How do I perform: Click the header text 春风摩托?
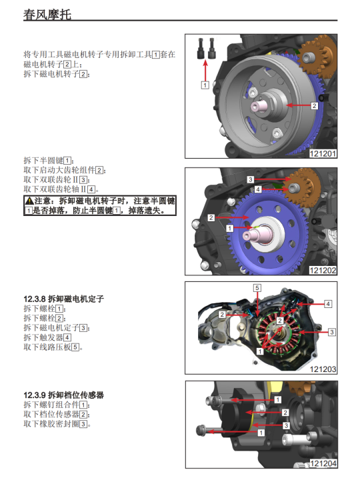pyautogui.click(x=47, y=15)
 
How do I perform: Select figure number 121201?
pyautogui.click(x=323, y=153)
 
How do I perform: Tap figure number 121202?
pyautogui.click(x=323, y=270)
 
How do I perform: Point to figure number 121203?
pyautogui.click(x=323, y=369)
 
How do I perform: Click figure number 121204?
pyautogui.click(x=323, y=463)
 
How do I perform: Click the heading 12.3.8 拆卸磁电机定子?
pyautogui.click(x=64, y=299)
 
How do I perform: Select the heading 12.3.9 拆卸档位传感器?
pyautogui.click(x=64, y=395)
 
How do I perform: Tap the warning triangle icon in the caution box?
pyautogui.click(x=29, y=201)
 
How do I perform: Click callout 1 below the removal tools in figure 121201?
pyautogui.click(x=205, y=85)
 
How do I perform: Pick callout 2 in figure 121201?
pyautogui.click(x=314, y=105)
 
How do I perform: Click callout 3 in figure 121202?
pyautogui.click(x=251, y=179)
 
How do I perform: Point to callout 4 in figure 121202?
pyautogui.click(x=258, y=189)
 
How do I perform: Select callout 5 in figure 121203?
pyautogui.click(x=257, y=288)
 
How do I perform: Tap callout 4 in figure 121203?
pyautogui.click(x=328, y=304)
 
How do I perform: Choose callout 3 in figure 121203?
pyautogui.click(x=331, y=332)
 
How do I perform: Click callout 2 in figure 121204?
pyautogui.click(x=285, y=413)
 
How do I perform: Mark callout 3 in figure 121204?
pyautogui.click(x=286, y=425)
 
